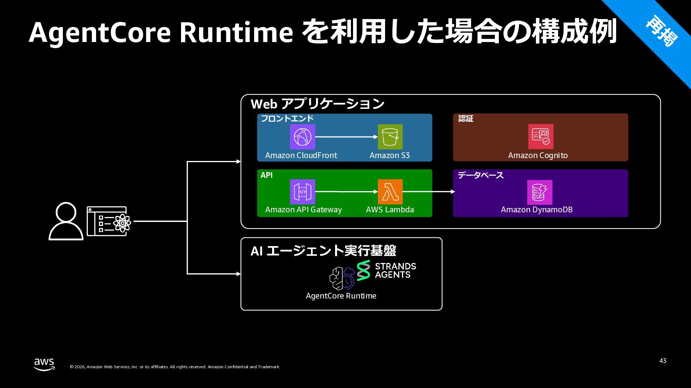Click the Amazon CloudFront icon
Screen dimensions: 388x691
coord(302,137)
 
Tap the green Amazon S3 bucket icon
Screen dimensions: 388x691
coord(390,137)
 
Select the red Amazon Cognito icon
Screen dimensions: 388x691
coord(541,137)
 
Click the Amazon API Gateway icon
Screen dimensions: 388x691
coord(302,192)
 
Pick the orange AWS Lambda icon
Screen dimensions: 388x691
coord(390,192)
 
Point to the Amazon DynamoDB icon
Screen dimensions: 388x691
coord(539,192)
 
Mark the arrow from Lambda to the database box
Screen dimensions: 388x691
coord(428,192)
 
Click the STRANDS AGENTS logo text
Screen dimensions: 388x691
coord(395,271)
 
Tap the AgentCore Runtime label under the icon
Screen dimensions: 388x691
coord(341,296)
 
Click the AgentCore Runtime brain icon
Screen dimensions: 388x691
coord(342,278)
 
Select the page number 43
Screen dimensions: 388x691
coord(663,361)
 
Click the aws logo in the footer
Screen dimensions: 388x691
coord(44,364)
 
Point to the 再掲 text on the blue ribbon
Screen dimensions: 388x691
coord(661,31)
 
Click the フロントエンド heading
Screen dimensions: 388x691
coord(287,119)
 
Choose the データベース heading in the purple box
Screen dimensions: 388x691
coord(480,175)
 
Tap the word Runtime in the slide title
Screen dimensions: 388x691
coord(236,32)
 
